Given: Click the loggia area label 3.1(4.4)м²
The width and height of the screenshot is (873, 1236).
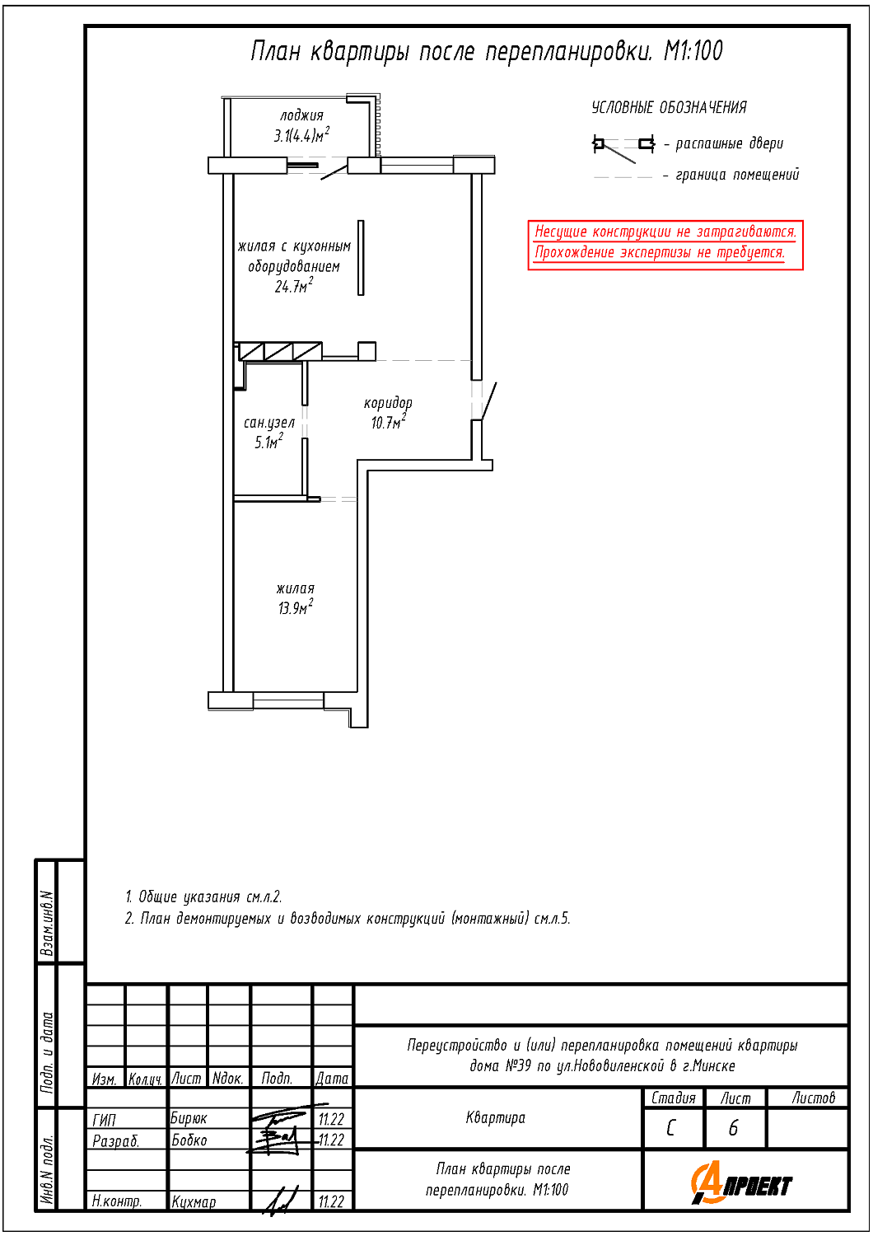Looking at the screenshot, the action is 301,134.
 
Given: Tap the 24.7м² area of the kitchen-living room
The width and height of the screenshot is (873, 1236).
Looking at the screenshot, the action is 294,286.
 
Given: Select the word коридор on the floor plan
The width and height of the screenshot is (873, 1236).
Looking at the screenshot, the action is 388,403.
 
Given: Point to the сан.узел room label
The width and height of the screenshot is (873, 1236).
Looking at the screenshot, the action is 269,423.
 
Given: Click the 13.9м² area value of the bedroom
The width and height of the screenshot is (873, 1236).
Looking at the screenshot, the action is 296,607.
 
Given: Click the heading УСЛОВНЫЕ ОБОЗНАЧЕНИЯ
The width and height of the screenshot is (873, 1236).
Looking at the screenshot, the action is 669,108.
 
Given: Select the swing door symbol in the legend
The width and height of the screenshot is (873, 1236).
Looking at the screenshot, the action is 623,147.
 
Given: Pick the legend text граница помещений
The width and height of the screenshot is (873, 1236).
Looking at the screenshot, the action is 737,175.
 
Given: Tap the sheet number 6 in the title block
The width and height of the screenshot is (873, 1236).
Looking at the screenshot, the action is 733,1128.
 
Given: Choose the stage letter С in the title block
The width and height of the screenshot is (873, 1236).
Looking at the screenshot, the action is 670,1128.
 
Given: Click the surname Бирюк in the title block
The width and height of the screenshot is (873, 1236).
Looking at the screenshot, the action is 188,1118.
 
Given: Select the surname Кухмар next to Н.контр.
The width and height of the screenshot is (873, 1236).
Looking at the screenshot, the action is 194,1201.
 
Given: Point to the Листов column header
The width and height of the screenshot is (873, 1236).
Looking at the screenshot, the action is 814,1098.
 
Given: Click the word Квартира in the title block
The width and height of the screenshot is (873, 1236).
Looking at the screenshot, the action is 495,1118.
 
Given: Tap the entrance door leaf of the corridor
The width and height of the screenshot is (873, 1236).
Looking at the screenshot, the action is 490,401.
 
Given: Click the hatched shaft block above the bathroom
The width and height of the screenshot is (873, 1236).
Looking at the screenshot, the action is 279,352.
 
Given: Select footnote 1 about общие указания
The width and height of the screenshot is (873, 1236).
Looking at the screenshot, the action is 203,897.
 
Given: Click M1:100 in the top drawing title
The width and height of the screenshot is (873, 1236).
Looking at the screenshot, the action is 693,51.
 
